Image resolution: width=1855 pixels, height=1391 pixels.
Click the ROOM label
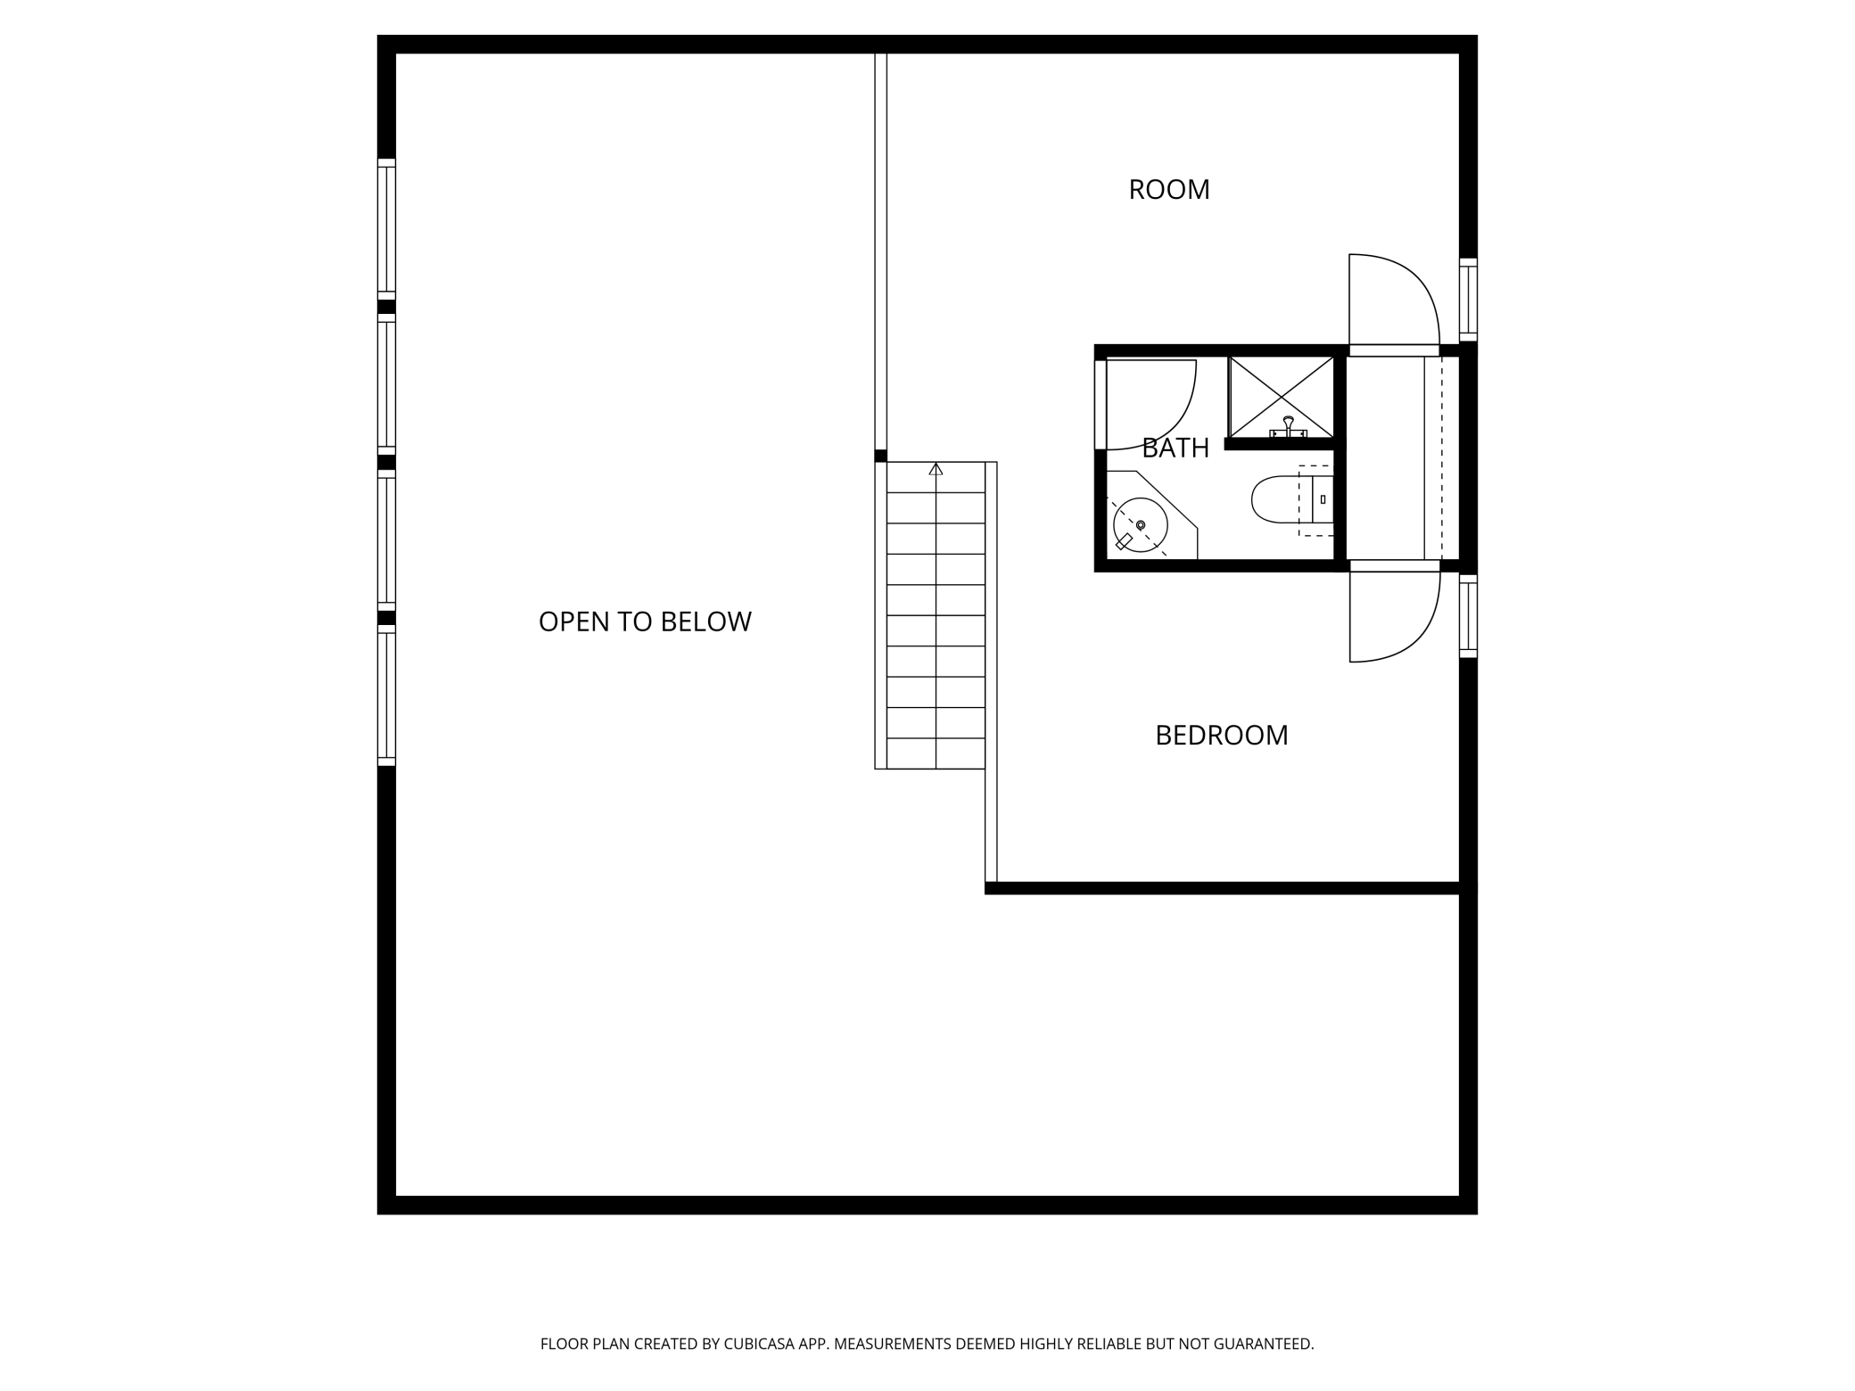pyautogui.click(x=1168, y=190)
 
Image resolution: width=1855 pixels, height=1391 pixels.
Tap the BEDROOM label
pyautogui.click(x=1221, y=736)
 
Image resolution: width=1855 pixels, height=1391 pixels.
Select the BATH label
pyautogui.click(x=1175, y=448)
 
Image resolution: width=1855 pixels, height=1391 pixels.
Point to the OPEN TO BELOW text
pyautogui.click(x=645, y=621)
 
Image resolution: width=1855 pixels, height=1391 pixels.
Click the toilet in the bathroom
pyautogui.click(x=1284, y=499)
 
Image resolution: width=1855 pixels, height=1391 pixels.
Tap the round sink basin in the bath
pyautogui.click(x=1140, y=524)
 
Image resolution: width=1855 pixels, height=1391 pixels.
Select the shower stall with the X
pyautogui.click(x=1281, y=396)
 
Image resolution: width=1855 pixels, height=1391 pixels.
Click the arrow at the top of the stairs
pyautogui.click(x=936, y=469)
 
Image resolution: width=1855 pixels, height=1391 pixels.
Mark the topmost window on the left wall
pyautogui.click(x=386, y=229)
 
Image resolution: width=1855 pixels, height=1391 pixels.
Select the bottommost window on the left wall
pyautogui.click(x=386, y=695)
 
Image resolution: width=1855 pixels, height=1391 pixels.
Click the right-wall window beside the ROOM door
pyautogui.click(x=1468, y=300)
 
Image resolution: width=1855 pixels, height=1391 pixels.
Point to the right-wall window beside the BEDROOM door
pyautogui.click(x=1468, y=617)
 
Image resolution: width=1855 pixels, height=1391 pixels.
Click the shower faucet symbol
pyautogui.click(x=1288, y=426)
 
